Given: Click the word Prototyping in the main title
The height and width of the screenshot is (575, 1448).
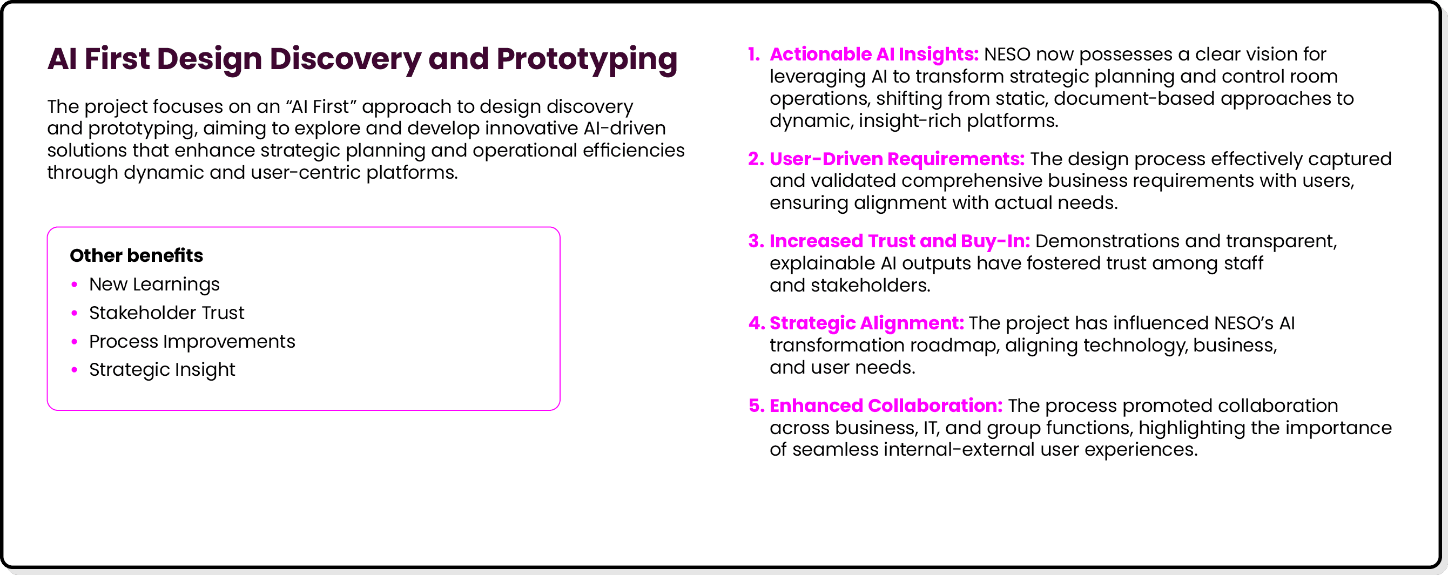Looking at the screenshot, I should (x=587, y=59).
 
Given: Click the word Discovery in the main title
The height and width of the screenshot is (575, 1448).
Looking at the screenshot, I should (x=346, y=59).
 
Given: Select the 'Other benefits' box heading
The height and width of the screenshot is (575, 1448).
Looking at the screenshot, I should (x=136, y=256).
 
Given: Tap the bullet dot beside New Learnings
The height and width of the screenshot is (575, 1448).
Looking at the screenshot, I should (x=74, y=285).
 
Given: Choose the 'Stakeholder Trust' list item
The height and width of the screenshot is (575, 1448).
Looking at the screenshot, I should (x=166, y=313).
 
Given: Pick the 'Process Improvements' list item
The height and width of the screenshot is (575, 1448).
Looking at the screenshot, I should (x=192, y=342).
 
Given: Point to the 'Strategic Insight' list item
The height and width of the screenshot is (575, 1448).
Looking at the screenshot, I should (x=162, y=370).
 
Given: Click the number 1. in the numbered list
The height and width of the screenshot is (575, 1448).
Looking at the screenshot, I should (x=754, y=55).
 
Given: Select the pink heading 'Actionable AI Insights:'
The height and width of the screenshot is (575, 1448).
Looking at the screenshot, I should (x=874, y=55).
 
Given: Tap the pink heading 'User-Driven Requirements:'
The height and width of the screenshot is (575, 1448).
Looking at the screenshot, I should (x=897, y=159).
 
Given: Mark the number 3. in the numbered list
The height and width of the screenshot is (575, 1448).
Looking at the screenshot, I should (x=756, y=241).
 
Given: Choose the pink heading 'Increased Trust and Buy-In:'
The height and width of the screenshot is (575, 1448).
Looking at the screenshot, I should (x=899, y=241).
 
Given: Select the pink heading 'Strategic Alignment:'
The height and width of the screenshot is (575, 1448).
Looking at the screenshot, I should (x=867, y=323).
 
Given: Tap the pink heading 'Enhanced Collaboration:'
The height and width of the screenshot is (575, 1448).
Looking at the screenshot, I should (x=886, y=406).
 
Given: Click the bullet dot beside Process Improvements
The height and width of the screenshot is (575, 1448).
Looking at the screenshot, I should (x=74, y=342).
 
